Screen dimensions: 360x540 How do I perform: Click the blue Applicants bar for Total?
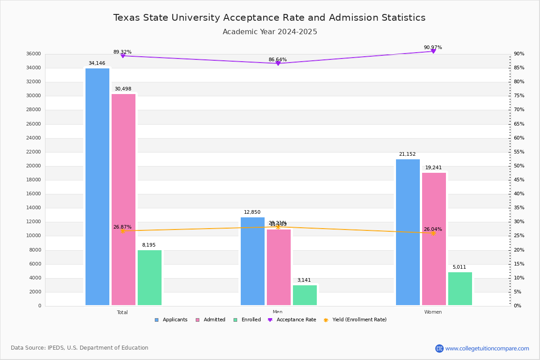coord(97,187)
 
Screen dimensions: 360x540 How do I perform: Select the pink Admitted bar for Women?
coord(434,239)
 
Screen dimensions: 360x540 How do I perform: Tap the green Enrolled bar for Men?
coord(305,295)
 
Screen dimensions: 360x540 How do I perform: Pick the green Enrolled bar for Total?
coord(149,278)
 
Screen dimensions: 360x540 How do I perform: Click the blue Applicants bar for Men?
coord(252,261)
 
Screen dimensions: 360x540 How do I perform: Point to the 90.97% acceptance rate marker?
coord(433,51)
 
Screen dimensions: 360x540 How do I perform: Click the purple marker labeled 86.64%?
coord(278,63)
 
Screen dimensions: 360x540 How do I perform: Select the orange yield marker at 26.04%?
coord(433,233)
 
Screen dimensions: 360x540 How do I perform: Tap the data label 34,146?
coord(97,63)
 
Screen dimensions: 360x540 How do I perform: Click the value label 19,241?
coord(434,168)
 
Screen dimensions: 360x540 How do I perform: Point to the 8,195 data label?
coord(149,245)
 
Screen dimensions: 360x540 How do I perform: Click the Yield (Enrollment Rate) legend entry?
coord(359,320)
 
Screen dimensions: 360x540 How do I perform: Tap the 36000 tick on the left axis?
coord(34,54)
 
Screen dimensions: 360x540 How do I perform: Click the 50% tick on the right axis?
coord(519,166)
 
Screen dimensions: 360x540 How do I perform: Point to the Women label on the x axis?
coord(433,312)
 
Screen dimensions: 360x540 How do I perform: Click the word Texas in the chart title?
coord(126,18)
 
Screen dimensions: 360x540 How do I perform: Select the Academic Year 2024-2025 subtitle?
coord(270,32)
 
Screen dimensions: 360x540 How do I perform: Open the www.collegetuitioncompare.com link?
coord(487,348)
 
